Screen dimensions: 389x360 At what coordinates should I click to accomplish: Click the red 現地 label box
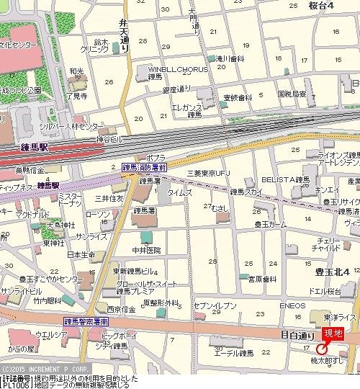click(x=333, y=333)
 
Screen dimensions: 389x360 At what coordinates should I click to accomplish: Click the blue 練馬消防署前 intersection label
click(x=144, y=166)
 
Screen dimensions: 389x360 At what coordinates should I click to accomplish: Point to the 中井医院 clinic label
click(x=144, y=251)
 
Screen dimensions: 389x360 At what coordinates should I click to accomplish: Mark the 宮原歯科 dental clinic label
click(x=261, y=279)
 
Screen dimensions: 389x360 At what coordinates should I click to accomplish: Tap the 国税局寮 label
click(x=292, y=94)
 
